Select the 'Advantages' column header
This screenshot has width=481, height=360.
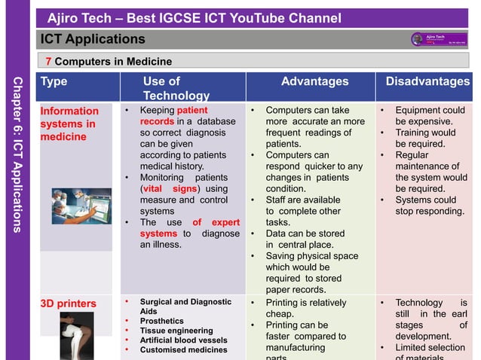(x=314, y=81)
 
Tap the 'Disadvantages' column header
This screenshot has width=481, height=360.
(x=427, y=81)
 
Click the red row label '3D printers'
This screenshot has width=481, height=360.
(x=68, y=304)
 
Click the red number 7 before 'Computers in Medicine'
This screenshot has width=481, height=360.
(x=48, y=61)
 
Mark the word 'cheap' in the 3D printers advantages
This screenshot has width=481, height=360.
(x=282, y=313)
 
